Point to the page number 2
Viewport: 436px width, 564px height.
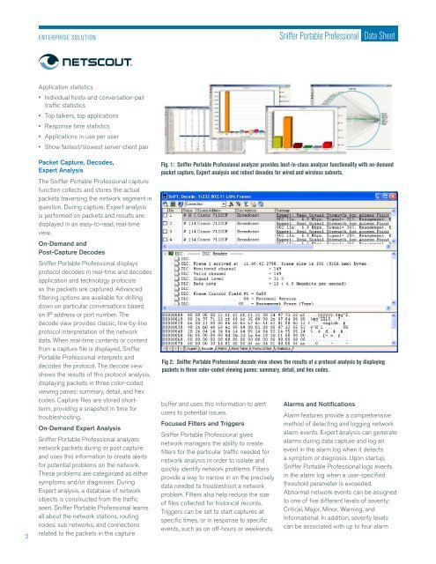coord(7,532)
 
